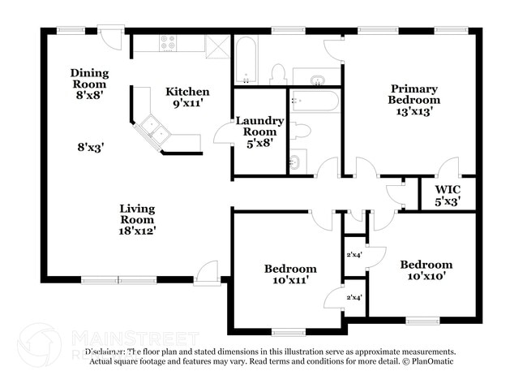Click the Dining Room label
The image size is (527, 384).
click(89, 79)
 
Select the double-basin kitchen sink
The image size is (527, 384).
click(152, 127)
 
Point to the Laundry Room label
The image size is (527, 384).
click(259, 126)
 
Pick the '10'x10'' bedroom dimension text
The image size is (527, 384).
click(426, 276)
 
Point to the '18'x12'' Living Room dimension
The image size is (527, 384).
click(137, 230)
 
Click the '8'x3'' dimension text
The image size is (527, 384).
click(90, 147)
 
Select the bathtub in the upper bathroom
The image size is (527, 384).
click(245, 60)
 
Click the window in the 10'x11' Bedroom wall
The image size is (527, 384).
click(288, 330)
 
